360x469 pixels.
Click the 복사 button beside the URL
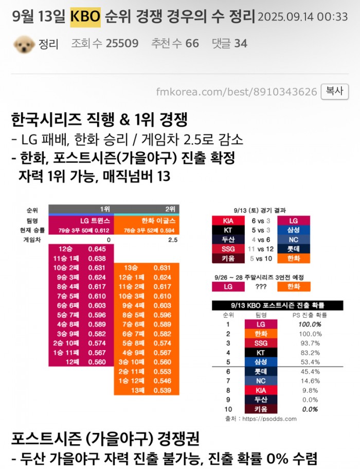click(x=335, y=91)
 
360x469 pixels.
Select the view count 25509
click(x=122, y=44)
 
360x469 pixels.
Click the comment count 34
click(x=241, y=44)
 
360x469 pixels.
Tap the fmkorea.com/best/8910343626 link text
click(x=237, y=92)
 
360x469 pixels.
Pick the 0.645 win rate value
click(x=97, y=249)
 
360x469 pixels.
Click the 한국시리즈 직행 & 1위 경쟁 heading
click(x=99, y=121)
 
